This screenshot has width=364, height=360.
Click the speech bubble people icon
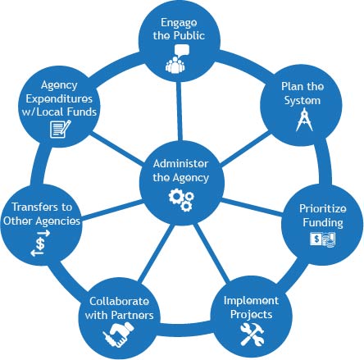(176, 59)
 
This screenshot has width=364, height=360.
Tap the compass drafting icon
(304, 120)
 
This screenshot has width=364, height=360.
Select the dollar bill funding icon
(322, 239)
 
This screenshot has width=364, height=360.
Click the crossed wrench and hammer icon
(252, 334)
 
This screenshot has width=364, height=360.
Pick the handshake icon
(119, 335)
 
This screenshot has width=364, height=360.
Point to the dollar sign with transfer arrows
(40, 244)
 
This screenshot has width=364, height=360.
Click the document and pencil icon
(61, 129)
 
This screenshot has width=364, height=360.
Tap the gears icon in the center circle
(181, 200)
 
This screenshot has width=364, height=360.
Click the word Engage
(179, 23)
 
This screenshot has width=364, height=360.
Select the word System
(303, 101)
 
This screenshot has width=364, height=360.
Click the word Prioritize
(323, 208)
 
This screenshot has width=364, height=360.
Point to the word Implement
(251, 301)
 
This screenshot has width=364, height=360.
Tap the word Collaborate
(119, 301)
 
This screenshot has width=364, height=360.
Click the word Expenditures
(59, 99)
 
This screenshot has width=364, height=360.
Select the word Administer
(180, 164)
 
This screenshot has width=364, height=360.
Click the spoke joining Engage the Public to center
(179, 111)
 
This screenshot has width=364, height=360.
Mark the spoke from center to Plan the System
(246, 149)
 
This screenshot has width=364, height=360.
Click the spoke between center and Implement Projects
(212, 253)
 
